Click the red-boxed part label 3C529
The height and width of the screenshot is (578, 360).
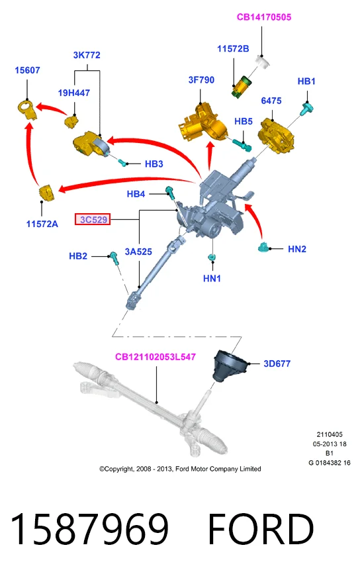click(x=93, y=219)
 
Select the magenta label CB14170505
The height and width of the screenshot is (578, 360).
click(x=264, y=17)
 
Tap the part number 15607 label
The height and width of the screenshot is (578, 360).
click(x=27, y=70)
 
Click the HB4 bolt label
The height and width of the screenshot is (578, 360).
click(x=136, y=194)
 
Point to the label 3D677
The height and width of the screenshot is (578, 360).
click(x=277, y=363)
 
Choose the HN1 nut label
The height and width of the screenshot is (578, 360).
click(x=212, y=278)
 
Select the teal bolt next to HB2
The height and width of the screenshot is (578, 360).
click(x=113, y=258)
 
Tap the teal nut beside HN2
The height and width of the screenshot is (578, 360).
click(x=263, y=247)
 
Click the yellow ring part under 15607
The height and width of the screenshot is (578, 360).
click(x=27, y=110)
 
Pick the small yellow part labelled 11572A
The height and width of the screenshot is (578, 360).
click(x=47, y=193)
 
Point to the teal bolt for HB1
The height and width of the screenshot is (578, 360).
click(x=307, y=109)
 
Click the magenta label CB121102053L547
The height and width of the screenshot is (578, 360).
click(x=156, y=356)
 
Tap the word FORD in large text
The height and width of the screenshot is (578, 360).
click(x=261, y=528)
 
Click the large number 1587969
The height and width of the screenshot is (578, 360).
click(x=89, y=528)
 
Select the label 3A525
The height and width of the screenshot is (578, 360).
click(x=138, y=252)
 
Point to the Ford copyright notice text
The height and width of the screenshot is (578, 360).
click(x=180, y=469)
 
